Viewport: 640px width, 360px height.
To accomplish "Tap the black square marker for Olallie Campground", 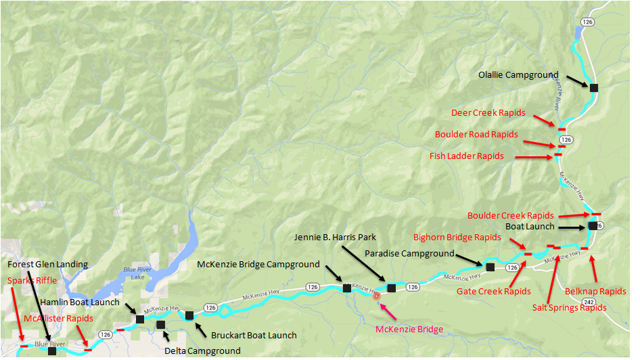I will (x=594, y=88).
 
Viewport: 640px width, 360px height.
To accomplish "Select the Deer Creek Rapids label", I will (x=488, y=112).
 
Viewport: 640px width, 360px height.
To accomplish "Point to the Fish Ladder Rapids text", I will (x=466, y=156).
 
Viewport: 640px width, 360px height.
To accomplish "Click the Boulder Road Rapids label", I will (x=476, y=135).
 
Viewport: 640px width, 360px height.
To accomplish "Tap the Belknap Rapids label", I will (x=595, y=292).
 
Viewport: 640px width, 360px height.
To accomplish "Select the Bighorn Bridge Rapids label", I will (x=457, y=238).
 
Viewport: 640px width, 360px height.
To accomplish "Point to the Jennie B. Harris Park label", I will (x=335, y=238).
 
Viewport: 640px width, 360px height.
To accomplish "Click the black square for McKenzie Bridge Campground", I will (x=347, y=288).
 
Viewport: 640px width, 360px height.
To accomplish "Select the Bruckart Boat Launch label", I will (x=254, y=336).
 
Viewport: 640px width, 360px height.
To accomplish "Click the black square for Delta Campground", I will (x=160, y=325).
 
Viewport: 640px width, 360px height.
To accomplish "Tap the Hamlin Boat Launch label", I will (x=80, y=302).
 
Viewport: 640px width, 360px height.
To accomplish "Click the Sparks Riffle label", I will (x=32, y=279).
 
